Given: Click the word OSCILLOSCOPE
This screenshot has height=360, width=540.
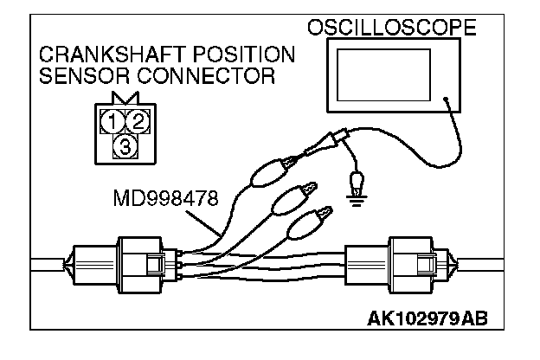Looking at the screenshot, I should [x=392, y=29].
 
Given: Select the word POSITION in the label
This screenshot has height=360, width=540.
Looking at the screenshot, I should [x=247, y=55].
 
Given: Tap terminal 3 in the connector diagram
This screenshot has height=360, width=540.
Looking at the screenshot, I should [x=124, y=145].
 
